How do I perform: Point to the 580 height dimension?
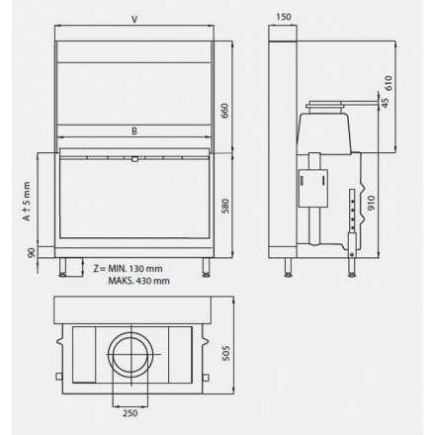point(225,208)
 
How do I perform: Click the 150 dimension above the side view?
point(285,18)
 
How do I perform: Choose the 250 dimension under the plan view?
point(130,414)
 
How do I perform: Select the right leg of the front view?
point(205,265)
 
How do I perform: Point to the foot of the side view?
point(288,265)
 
